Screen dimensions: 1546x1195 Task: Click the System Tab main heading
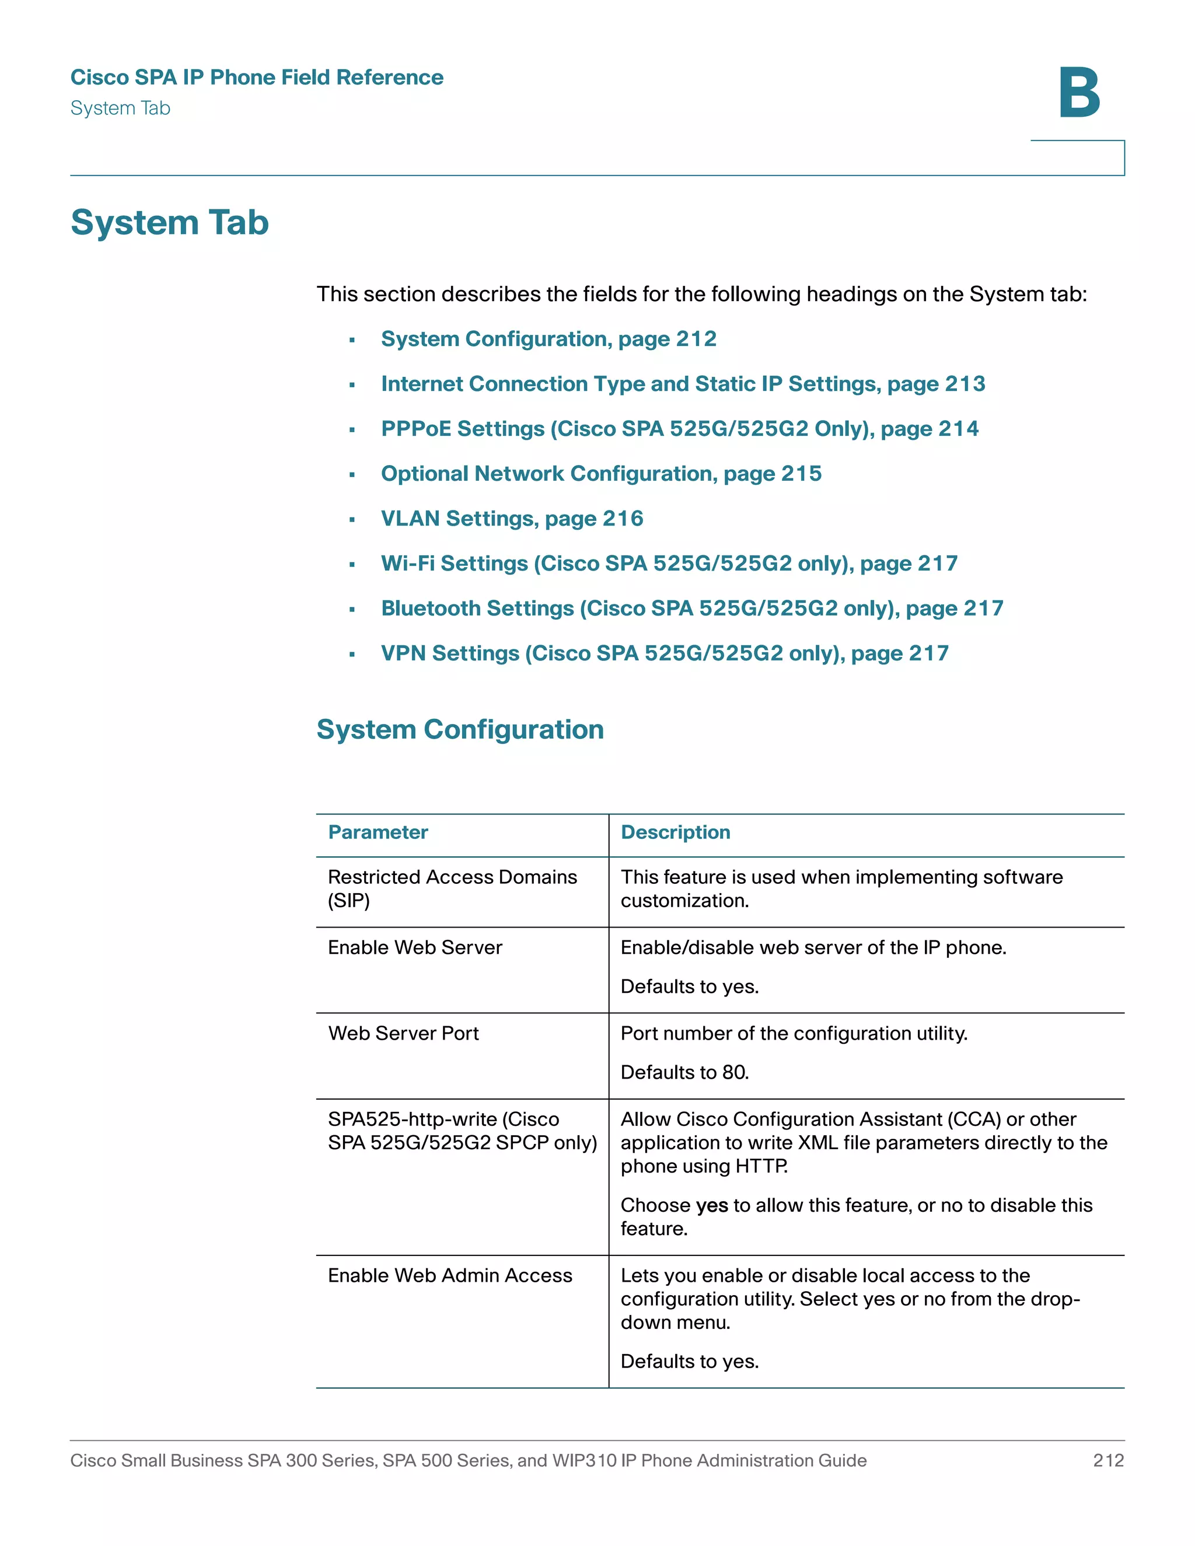[x=170, y=222]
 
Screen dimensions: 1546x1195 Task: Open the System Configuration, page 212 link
[x=548, y=339]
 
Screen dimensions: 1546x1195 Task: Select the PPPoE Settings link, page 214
[x=679, y=429]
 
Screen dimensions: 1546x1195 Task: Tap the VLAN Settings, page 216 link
[x=512, y=519]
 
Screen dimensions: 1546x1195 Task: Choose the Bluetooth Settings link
[x=691, y=608]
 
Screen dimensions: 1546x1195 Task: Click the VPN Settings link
[x=664, y=653]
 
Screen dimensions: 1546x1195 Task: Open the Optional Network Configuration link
[x=600, y=474]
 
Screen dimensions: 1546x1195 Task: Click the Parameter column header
[x=378, y=833]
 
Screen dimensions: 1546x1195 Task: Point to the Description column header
[x=675, y=833]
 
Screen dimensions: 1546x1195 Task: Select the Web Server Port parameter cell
[x=404, y=1034]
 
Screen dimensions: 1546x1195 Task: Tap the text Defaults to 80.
[x=684, y=1072]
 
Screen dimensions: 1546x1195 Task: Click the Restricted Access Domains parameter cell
[x=452, y=889]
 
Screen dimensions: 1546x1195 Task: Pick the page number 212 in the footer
[x=1108, y=1460]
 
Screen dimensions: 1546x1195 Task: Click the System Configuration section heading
[x=460, y=730]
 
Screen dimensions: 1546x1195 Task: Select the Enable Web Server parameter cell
[x=415, y=948]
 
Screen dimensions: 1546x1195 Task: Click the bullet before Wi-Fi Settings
[x=352, y=565]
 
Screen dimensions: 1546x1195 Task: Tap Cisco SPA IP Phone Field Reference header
[x=257, y=77]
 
